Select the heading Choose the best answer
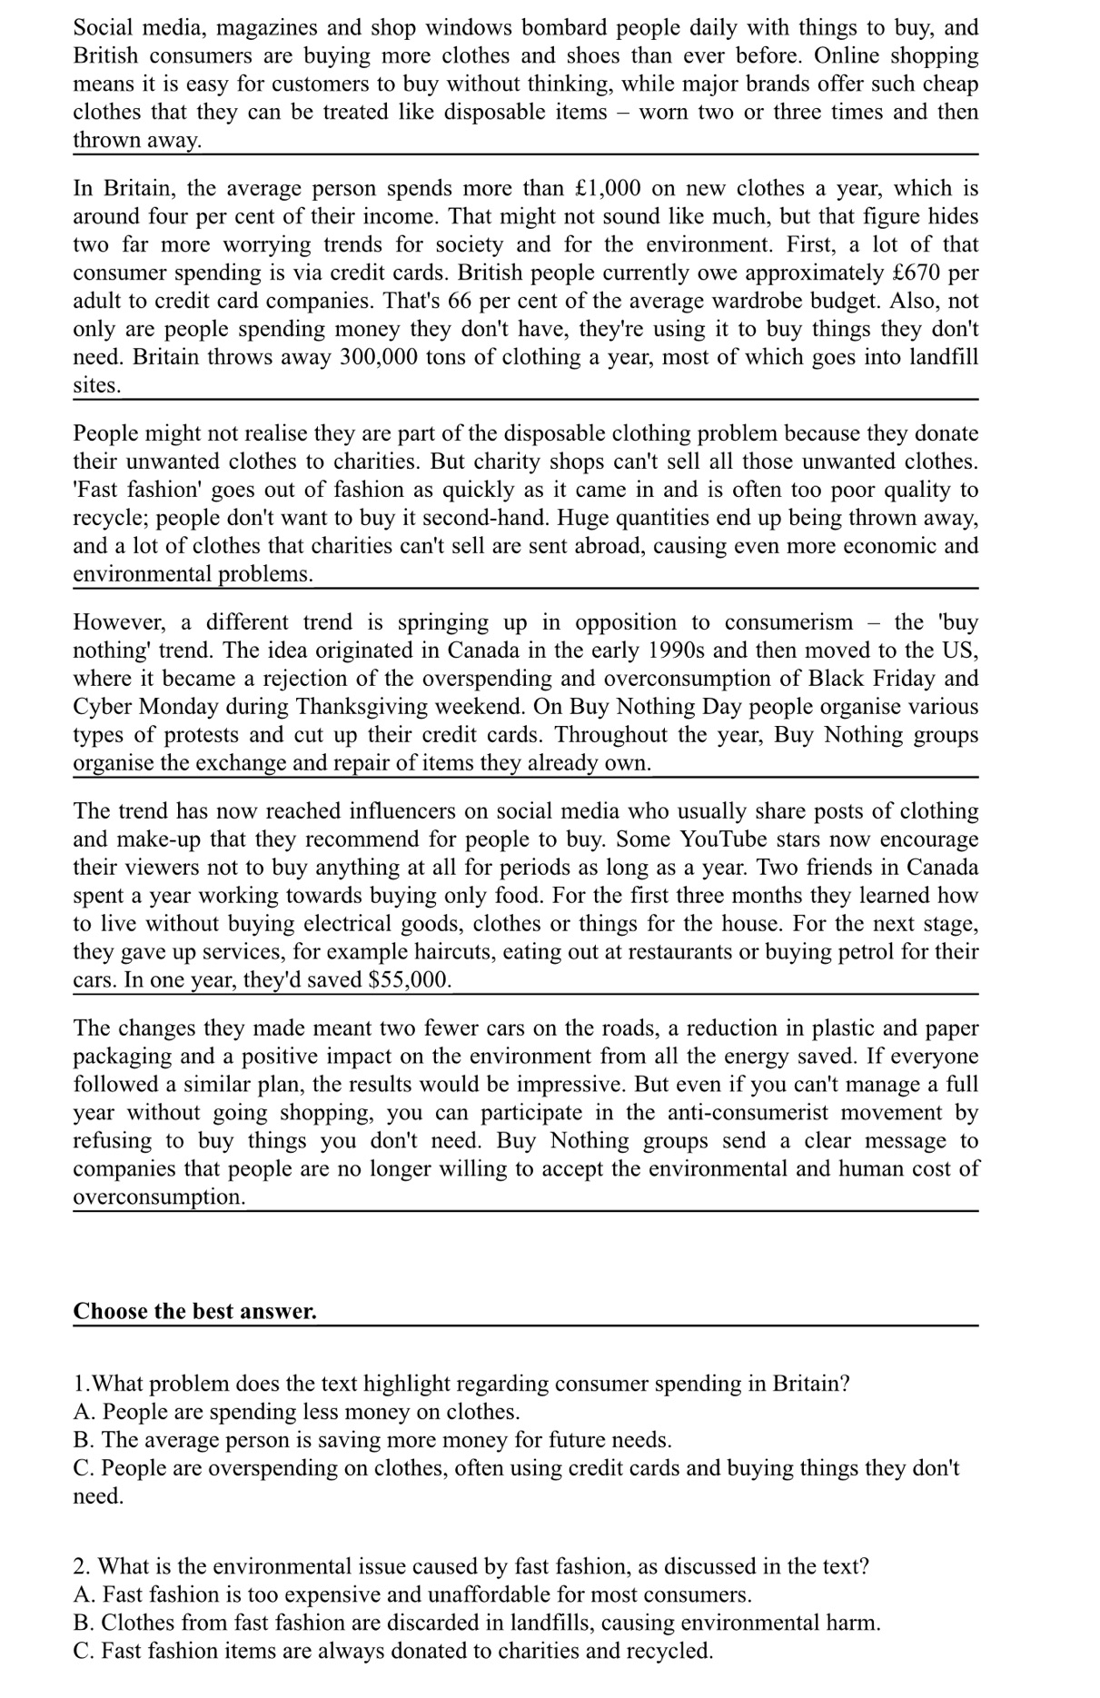pos(194,1311)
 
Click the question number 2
pos(80,1566)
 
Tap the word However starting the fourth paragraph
pos(119,622)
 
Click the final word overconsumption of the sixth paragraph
pos(158,1197)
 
